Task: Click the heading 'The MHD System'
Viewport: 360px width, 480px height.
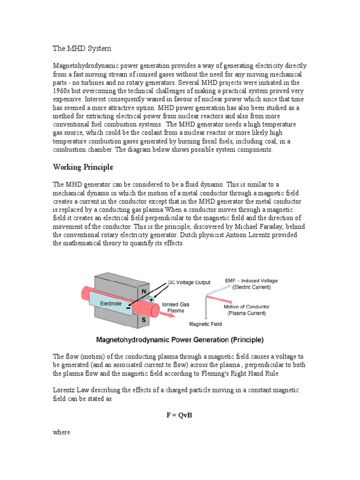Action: point(82,48)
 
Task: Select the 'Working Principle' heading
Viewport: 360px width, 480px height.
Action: point(83,167)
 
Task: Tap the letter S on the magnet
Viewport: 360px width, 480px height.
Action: point(143,320)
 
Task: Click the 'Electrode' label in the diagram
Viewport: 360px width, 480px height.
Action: point(113,303)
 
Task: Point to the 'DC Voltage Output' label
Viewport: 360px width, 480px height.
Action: point(189,282)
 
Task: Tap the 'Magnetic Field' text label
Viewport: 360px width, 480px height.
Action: point(205,323)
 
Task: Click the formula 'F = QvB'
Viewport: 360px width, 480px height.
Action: point(180,415)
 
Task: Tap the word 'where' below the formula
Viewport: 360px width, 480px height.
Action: point(61,432)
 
